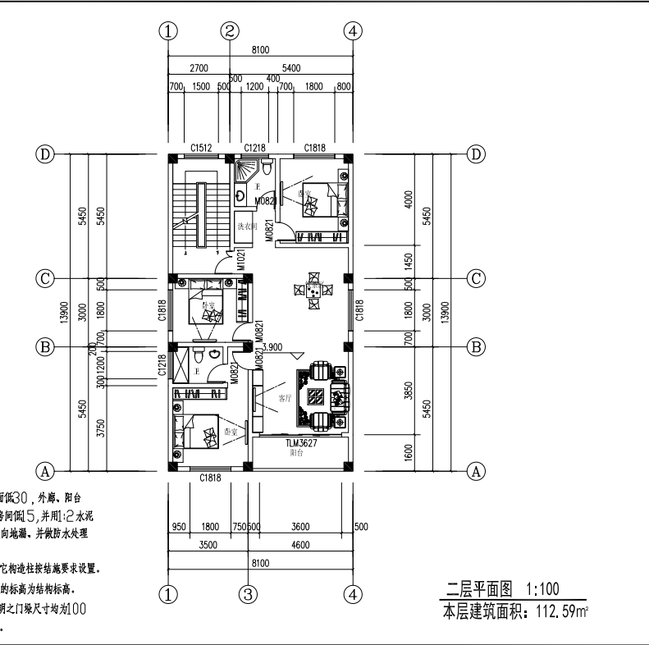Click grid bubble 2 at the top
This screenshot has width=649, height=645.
point(231,31)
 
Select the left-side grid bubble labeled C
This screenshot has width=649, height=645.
point(46,277)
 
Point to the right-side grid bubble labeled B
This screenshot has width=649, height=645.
point(476,346)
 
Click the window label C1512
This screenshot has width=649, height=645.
point(202,148)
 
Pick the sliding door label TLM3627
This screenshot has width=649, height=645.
point(301,444)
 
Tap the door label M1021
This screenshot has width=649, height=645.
point(242,259)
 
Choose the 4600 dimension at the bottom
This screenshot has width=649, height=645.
point(300,543)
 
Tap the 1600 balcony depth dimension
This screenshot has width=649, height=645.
point(409,454)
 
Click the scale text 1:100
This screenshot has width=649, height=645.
point(542,588)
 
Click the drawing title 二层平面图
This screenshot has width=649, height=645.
point(479,588)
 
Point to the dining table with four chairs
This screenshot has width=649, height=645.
point(313,290)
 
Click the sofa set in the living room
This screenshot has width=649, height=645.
point(319,398)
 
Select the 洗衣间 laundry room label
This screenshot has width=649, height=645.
point(247,225)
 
